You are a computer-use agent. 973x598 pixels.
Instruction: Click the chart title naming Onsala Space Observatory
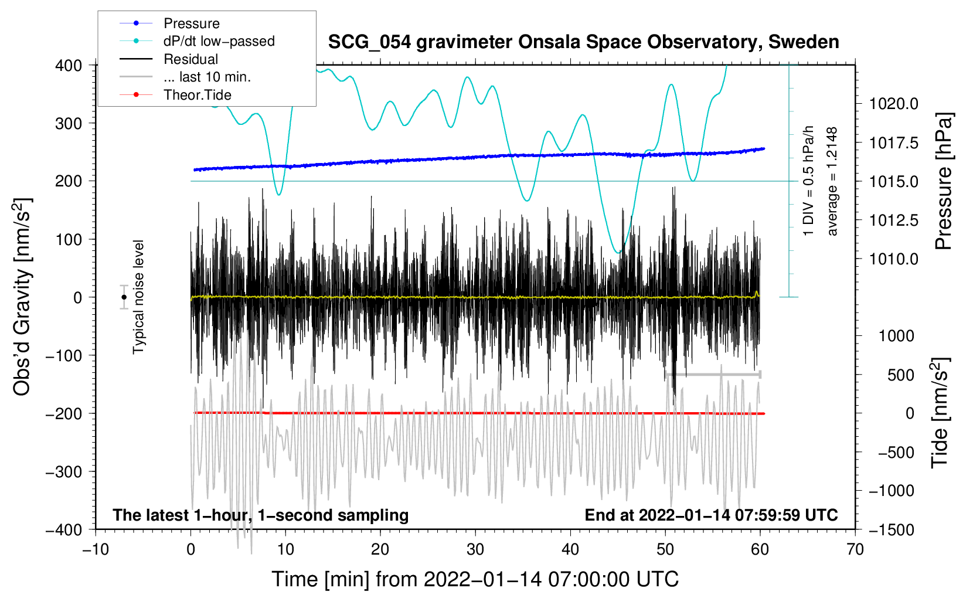click(x=583, y=42)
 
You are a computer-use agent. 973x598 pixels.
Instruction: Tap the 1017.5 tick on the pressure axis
click(x=893, y=143)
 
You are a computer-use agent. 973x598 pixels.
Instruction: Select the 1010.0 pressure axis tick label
click(x=893, y=260)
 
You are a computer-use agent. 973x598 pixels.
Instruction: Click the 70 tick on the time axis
click(x=855, y=549)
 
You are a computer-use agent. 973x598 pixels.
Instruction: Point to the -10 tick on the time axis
click(x=96, y=549)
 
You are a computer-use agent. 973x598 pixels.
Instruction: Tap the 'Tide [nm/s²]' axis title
click(x=940, y=413)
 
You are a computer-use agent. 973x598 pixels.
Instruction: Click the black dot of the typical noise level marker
click(x=124, y=297)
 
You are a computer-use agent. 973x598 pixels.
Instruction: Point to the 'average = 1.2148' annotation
click(x=831, y=181)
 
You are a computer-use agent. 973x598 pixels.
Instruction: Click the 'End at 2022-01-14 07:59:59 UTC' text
click(x=711, y=515)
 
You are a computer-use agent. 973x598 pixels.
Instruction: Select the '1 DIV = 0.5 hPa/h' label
click(x=808, y=181)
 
